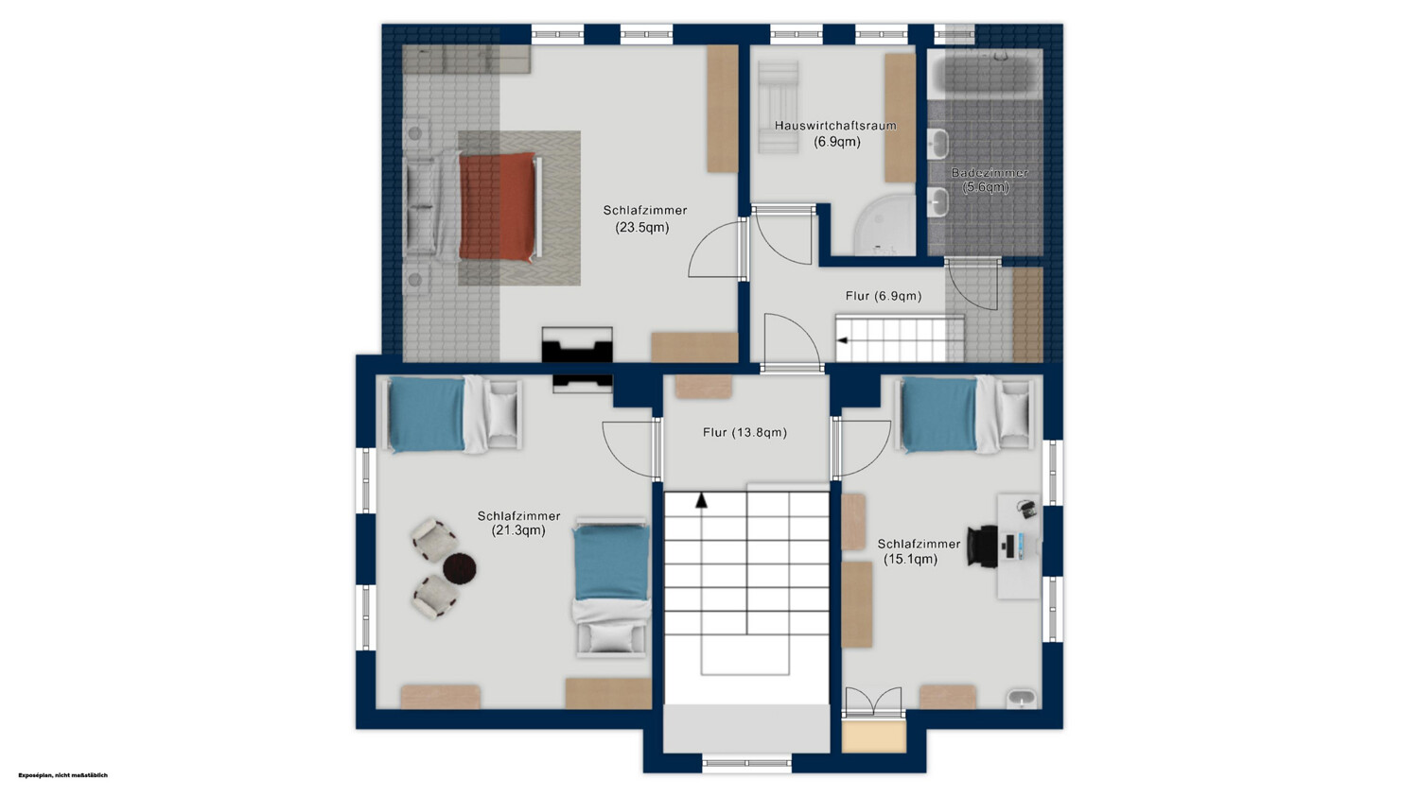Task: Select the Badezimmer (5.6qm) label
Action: point(989,180)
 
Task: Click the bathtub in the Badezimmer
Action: point(986,74)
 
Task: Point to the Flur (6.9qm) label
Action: point(883,296)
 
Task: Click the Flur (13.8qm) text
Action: point(745,432)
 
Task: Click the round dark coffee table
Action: point(459,567)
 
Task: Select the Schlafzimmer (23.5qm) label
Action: point(644,218)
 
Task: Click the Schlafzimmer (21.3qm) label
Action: point(518,523)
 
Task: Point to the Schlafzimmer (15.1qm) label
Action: point(919,551)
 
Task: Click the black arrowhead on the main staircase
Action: point(701,501)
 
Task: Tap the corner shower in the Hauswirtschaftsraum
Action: point(885,225)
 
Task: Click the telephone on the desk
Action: point(1026,509)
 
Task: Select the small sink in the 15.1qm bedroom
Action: point(1021,699)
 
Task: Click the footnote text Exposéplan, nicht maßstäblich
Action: point(62,775)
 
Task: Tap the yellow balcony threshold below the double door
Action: point(874,736)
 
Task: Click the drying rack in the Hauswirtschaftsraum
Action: point(779,107)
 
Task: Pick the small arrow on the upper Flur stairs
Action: point(842,340)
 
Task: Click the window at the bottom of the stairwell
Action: point(747,763)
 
